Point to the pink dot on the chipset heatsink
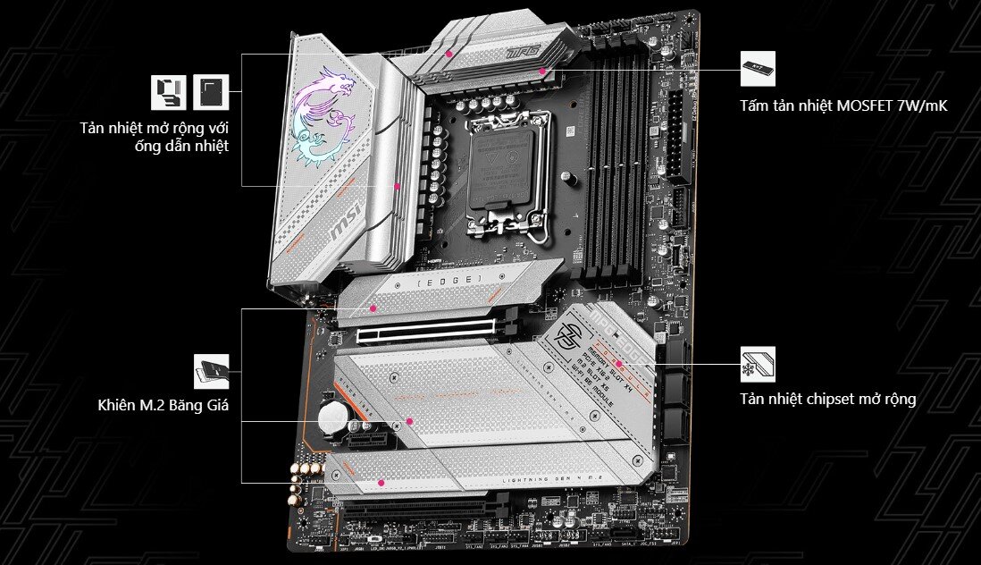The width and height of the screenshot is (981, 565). click(x=617, y=365)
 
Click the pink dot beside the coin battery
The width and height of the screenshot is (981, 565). click(x=407, y=420)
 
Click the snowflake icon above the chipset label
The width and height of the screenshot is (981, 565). click(x=758, y=365)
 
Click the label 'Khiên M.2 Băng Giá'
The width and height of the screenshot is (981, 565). click(x=163, y=406)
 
